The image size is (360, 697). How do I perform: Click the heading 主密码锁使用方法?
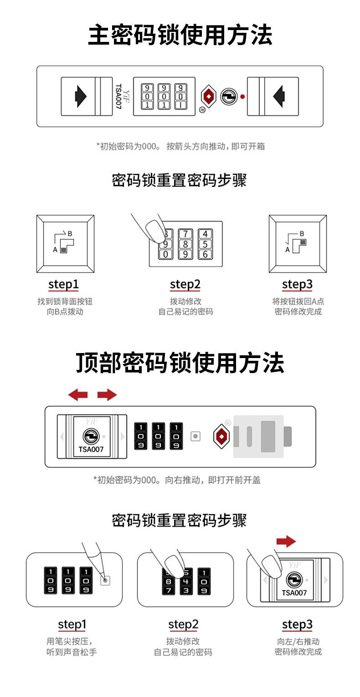[180, 35]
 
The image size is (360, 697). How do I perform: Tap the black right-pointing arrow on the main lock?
[81, 96]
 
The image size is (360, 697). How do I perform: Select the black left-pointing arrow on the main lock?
[278, 96]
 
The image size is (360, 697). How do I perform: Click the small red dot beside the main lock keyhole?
[242, 97]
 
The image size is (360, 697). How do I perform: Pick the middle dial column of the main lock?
[164, 96]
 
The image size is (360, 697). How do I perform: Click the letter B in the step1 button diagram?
[70, 234]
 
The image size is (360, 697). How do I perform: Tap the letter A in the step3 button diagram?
[288, 250]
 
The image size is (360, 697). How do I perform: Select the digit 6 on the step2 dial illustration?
[205, 255]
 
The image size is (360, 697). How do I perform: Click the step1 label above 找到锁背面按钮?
[63, 285]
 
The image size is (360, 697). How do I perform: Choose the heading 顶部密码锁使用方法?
[180, 363]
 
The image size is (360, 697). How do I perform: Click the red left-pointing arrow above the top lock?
[78, 395]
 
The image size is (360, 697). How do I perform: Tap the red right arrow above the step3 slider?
[286, 542]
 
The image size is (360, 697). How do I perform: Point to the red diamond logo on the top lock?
[221, 436]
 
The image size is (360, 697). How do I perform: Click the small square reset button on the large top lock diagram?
[195, 436]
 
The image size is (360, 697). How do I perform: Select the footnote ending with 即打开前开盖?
[177, 480]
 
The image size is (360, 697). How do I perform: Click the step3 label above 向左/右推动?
[297, 625]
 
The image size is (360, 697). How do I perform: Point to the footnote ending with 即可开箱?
[180, 146]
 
